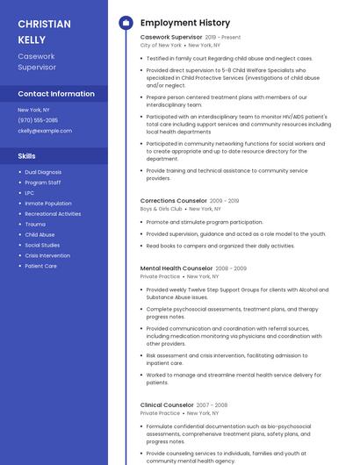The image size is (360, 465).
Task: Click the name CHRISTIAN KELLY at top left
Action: (x=44, y=31)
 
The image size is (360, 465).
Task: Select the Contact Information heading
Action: (x=56, y=94)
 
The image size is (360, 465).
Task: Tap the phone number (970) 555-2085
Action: (x=38, y=120)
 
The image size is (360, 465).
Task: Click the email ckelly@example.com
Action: (x=45, y=131)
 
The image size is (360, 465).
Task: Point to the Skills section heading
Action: (x=27, y=155)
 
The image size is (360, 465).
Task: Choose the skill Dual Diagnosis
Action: (x=43, y=172)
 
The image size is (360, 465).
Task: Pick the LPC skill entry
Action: (x=30, y=193)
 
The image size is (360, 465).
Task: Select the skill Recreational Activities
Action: (x=53, y=214)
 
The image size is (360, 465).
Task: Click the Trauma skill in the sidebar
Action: (x=35, y=225)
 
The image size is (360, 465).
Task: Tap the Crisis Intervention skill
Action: (x=47, y=255)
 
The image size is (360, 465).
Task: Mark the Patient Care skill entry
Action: (x=40, y=266)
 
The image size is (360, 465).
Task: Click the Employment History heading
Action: (x=184, y=23)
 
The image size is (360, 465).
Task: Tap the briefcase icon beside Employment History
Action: (x=126, y=23)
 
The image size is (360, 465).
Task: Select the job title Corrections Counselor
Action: (x=172, y=201)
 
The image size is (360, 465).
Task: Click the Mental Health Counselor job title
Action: (x=176, y=268)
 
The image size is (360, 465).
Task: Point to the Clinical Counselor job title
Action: (x=167, y=404)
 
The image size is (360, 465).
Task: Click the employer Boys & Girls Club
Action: (x=161, y=209)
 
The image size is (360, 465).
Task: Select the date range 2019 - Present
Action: (x=222, y=38)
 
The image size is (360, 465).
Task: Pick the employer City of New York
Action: (x=161, y=45)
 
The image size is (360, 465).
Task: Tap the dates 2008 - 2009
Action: (x=231, y=268)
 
